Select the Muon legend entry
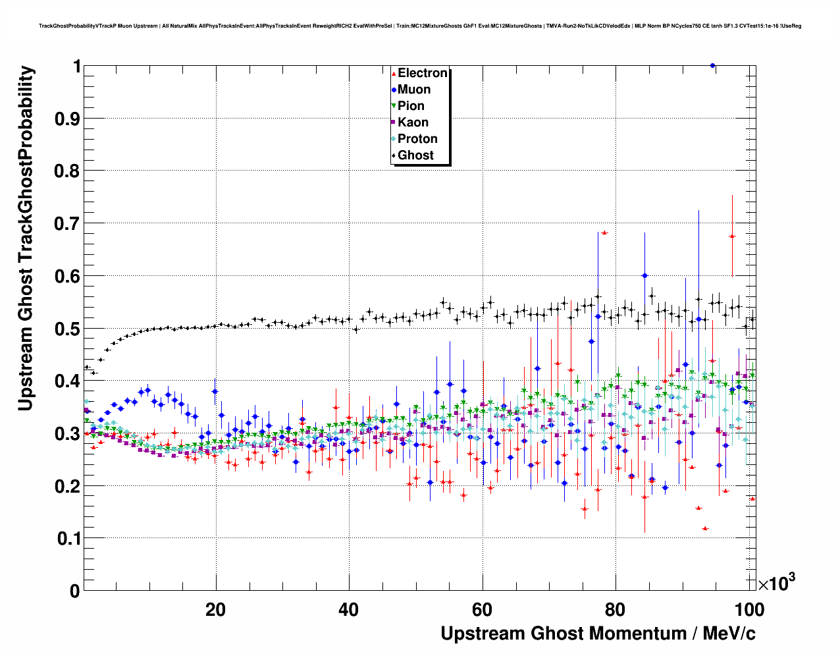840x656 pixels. pos(413,90)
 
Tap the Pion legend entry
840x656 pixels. pos(411,106)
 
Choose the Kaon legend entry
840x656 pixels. pos(413,123)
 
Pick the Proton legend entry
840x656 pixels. pos(417,139)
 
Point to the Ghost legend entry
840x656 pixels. pos(415,155)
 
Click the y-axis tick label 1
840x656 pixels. pos(76,67)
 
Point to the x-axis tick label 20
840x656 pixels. pos(215,610)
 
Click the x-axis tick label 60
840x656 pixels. pos(482,610)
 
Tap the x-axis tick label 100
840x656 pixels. pos(748,610)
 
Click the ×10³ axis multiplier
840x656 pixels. pos(776,583)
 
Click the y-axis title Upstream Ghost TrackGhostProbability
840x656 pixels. pos(25,238)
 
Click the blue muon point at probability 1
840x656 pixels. pos(712,66)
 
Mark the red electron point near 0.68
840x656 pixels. pos(604,232)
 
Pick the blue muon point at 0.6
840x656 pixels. pos(644,276)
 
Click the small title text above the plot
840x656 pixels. pos(420,26)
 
